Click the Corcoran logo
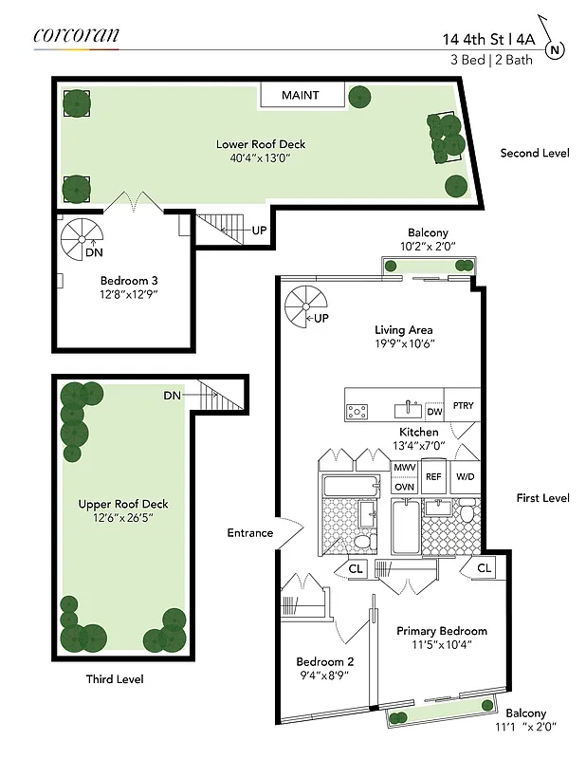[x=76, y=35]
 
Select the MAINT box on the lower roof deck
[x=300, y=96]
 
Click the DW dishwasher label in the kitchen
[x=434, y=412]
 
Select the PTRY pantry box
[x=463, y=406]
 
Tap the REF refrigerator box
[x=433, y=476]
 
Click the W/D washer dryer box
[x=465, y=476]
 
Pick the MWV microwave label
[x=404, y=468]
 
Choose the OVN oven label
[x=404, y=486]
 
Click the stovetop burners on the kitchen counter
[x=357, y=411]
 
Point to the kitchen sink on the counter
[x=412, y=409]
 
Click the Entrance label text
[x=249, y=533]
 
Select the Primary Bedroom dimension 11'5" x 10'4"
[x=442, y=645]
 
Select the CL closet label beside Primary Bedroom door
[x=484, y=567]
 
